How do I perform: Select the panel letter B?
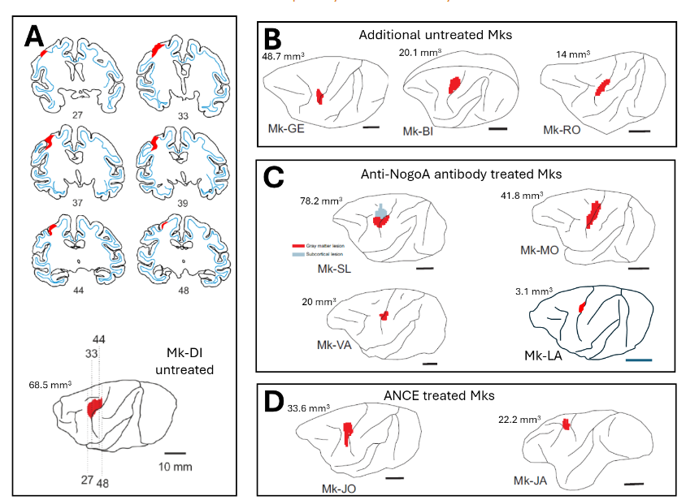[272, 38]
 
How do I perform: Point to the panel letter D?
[274, 402]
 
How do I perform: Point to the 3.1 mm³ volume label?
[533, 290]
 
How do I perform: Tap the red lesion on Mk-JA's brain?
[566, 425]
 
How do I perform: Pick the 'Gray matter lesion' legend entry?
[323, 244]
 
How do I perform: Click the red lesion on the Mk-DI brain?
[95, 407]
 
